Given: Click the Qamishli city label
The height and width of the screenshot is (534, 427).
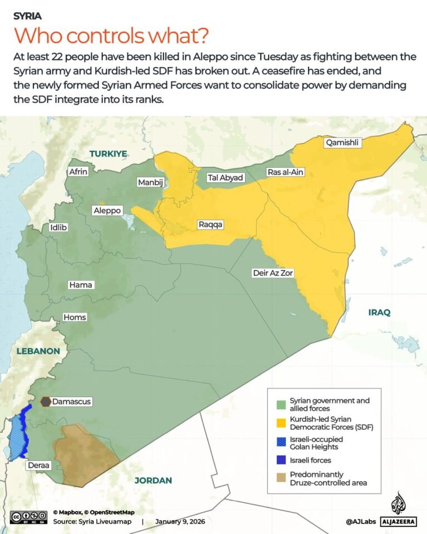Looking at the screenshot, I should [x=344, y=143].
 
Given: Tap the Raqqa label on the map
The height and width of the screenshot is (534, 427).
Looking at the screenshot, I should [x=211, y=224].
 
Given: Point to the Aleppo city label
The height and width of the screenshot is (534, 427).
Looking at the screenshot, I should [x=107, y=211].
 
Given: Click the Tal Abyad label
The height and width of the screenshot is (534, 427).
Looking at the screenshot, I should [x=225, y=177].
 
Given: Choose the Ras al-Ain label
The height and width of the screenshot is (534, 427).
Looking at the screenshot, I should [x=285, y=172].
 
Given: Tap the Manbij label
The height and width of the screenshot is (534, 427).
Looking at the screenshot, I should [x=149, y=182].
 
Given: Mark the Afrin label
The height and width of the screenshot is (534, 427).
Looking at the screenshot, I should [x=78, y=171].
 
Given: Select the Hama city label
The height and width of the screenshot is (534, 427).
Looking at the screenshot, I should [x=81, y=285].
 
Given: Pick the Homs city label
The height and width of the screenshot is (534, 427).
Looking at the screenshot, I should [x=75, y=317].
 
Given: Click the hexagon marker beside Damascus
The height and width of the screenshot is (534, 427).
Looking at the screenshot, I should [x=46, y=401].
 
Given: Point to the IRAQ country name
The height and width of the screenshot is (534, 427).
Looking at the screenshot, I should [x=379, y=313].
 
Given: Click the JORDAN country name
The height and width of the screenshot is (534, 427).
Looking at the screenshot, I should [x=153, y=481].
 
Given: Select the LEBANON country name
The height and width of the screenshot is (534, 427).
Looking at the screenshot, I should [x=38, y=351].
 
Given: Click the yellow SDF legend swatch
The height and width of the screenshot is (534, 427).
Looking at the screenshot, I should [x=282, y=423].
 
